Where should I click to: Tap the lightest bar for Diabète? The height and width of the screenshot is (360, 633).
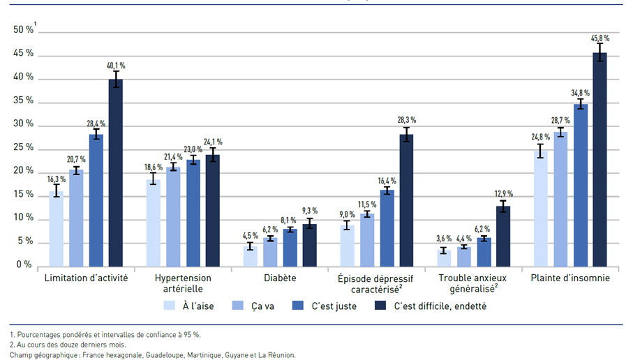click(x=250, y=256)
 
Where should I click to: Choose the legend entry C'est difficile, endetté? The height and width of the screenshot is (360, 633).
click(x=440, y=306)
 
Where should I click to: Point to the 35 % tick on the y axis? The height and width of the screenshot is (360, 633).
click(x=24, y=101)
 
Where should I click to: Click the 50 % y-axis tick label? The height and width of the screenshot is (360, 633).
click(x=24, y=30)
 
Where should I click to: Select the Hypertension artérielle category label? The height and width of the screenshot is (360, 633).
click(x=183, y=283)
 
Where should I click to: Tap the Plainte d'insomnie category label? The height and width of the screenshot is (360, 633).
click(x=570, y=278)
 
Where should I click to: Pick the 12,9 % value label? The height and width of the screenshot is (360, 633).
click(x=503, y=193)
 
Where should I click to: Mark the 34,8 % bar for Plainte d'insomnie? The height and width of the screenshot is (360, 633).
click(x=580, y=185)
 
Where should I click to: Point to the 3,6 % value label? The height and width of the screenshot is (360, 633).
click(x=444, y=238)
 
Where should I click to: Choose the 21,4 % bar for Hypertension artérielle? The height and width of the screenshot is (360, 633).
click(x=173, y=216)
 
